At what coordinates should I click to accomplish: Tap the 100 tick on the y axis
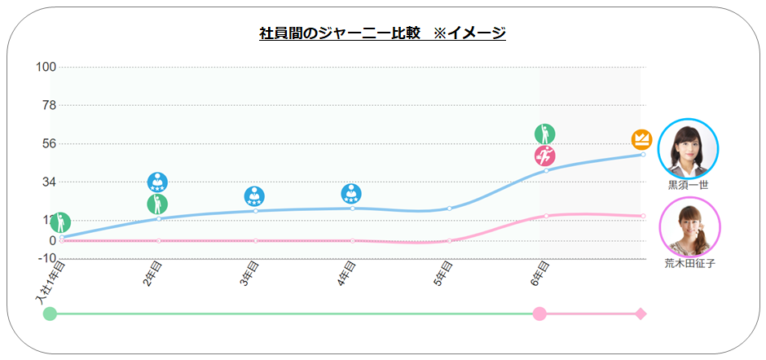pyautogui.click(x=45, y=67)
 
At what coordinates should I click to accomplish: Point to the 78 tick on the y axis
pyautogui.click(x=47, y=105)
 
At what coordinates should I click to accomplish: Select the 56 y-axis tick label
pyautogui.click(x=47, y=143)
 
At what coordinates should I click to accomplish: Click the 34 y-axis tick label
pyautogui.click(x=47, y=182)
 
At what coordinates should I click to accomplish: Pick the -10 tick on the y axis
pyautogui.click(x=45, y=258)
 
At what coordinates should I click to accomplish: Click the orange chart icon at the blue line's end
pyautogui.click(x=641, y=139)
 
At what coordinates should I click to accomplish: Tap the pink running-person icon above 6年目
pyautogui.click(x=544, y=156)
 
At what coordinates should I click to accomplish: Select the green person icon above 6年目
pyautogui.click(x=544, y=134)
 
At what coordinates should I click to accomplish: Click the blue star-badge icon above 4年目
pyautogui.click(x=351, y=195)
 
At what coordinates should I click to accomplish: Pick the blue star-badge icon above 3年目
pyautogui.click(x=254, y=196)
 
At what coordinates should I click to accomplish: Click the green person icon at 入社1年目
pyautogui.click(x=60, y=222)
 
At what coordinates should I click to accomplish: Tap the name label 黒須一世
pyautogui.click(x=689, y=185)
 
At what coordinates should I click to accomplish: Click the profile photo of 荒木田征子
pyautogui.click(x=689, y=229)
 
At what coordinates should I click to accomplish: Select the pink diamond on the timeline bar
pyautogui.click(x=641, y=314)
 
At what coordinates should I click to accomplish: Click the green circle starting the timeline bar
pyautogui.click(x=50, y=314)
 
